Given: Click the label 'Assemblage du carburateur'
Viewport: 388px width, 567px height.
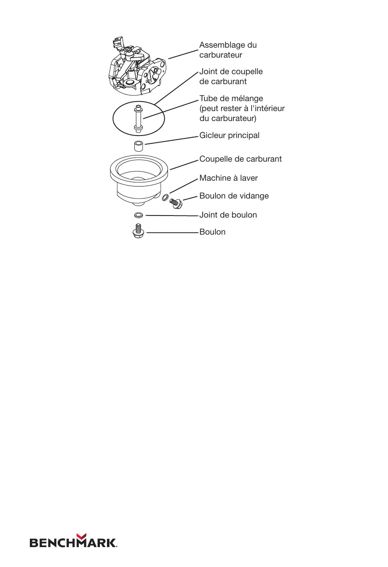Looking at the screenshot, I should (x=228, y=50).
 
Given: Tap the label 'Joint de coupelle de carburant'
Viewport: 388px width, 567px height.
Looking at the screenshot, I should (x=231, y=76).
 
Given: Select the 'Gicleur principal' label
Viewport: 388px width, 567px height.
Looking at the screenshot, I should (x=229, y=135).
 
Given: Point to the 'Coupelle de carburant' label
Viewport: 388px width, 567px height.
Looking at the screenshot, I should (x=240, y=159).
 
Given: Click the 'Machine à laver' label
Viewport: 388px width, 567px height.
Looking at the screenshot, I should (x=228, y=178).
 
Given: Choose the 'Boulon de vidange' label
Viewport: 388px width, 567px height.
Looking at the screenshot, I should (x=234, y=196).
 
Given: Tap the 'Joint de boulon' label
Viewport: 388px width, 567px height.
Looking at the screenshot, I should (x=228, y=215).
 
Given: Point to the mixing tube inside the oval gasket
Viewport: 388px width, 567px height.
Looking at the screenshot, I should (x=138, y=119).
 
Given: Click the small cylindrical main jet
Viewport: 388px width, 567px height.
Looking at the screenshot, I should (x=138, y=146).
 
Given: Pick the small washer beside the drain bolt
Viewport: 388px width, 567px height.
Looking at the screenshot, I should (x=165, y=197).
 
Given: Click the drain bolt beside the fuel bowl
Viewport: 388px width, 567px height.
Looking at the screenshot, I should (x=176, y=203).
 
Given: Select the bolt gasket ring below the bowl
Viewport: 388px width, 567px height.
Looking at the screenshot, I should (x=139, y=215).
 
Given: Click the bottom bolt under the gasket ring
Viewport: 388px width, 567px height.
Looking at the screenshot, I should (x=138, y=231).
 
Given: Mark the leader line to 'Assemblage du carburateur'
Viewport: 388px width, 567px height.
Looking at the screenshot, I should (x=183, y=54).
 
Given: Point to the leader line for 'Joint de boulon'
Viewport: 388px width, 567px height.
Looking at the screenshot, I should (x=172, y=216).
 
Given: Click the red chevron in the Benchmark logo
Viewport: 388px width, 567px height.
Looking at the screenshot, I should (x=82, y=537).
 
